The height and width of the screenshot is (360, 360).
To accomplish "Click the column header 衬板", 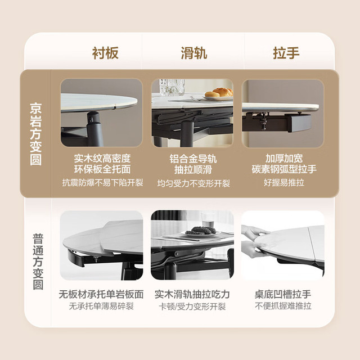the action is [105, 53].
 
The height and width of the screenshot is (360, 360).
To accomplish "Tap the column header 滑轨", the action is [194, 53].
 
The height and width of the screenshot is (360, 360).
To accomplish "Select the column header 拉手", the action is [286, 53].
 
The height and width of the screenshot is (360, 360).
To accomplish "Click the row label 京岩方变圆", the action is [36, 134].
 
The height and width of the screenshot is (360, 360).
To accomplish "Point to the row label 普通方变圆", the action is [38, 262].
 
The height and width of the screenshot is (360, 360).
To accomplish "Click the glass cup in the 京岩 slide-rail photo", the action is [172, 87].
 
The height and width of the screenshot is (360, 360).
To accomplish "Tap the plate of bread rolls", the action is [219, 94].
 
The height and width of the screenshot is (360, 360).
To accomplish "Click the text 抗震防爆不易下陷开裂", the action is [102, 183].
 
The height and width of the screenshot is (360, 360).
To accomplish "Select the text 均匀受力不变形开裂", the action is [193, 183].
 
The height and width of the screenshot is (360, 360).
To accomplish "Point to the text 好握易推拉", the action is [284, 182].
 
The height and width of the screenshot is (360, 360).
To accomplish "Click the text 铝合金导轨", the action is [193, 159].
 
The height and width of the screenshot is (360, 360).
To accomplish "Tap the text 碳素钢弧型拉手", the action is [284, 169].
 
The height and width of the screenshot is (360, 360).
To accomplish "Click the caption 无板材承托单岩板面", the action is [101, 294].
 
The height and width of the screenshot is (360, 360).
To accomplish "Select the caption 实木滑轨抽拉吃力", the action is [192, 294].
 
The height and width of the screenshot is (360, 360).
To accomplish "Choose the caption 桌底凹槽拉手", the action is [283, 294].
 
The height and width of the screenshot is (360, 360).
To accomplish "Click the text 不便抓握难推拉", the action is [283, 306].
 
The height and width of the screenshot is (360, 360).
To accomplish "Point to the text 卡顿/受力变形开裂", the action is [192, 306].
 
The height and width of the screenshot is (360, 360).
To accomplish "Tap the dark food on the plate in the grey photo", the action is [200, 230].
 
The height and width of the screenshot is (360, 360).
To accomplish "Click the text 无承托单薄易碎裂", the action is [101, 306].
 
